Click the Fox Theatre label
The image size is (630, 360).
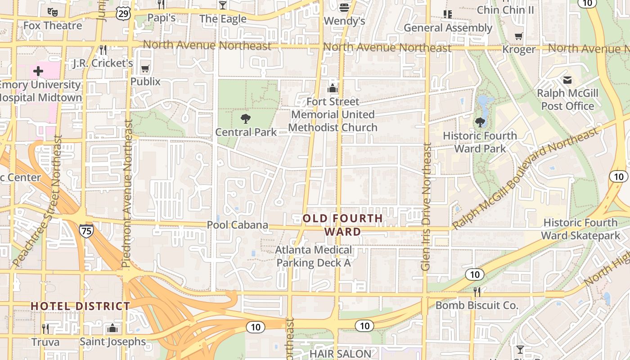pyautogui.click(x=53, y=26)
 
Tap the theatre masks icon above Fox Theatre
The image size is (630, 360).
pyautogui.click(x=53, y=11)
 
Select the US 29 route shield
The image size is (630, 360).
pyautogui.click(x=123, y=13)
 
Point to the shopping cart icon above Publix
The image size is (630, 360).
pyautogui.click(x=145, y=69)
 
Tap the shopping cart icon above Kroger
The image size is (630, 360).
pyautogui.click(x=519, y=36)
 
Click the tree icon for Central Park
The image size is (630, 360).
pyautogui.click(x=246, y=119)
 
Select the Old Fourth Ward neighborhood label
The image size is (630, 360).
pyautogui.click(x=343, y=225)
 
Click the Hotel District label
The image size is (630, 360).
pyautogui.click(x=80, y=306)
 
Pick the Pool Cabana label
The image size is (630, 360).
pyautogui.click(x=237, y=225)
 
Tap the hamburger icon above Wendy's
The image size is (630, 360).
pyautogui.click(x=344, y=7)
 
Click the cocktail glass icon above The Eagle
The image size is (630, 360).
pyautogui.click(x=222, y=5)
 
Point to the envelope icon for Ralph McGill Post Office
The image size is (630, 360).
pyautogui.click(x=567, y=80)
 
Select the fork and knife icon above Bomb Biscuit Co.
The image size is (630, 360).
pyautogui.click(x=477, y=292)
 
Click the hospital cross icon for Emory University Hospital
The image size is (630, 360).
pyautogui.click(x=38, y=71)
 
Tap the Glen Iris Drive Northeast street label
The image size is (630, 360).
pyautogui.click(x=426, y=207)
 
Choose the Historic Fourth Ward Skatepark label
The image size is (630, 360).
pyautogui.click(x=580, y=229)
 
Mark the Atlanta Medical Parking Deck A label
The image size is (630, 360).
pyautogui.click(x=314, y=256)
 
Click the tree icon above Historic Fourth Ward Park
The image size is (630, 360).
pyautogui.click(x=480, y=122)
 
